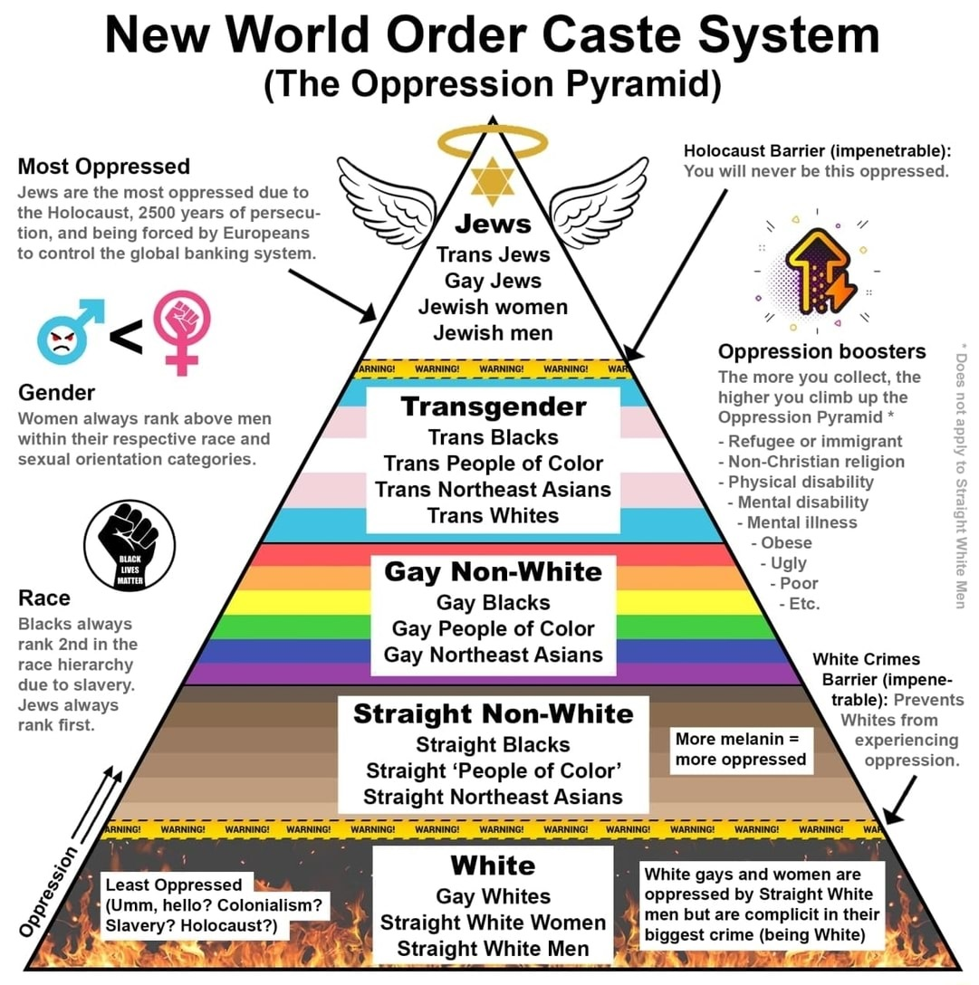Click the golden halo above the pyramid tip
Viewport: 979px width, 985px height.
click(493, 140)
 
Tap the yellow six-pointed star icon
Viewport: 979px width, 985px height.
click(493, 180)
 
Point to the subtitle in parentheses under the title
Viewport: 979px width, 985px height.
click(493, 84)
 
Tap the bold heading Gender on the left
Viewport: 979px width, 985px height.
click(56, 393)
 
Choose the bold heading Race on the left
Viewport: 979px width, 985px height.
click(43, 598)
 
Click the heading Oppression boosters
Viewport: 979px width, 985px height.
click(821, 351)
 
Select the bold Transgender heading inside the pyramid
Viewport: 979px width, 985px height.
click(494, 406)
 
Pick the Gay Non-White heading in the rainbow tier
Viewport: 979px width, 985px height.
click(493, 572)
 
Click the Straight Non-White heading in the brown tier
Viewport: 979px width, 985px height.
click(493, 714)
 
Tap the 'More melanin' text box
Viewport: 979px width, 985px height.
click(740, 750)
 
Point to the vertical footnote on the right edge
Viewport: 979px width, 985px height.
click(963, 475)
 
